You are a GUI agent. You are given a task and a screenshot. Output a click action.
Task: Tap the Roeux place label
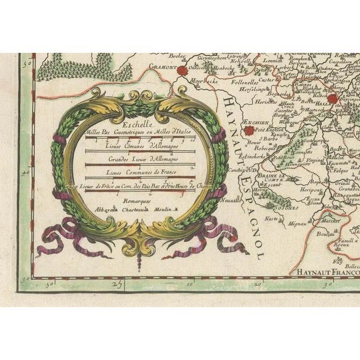(x=341, y=245)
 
